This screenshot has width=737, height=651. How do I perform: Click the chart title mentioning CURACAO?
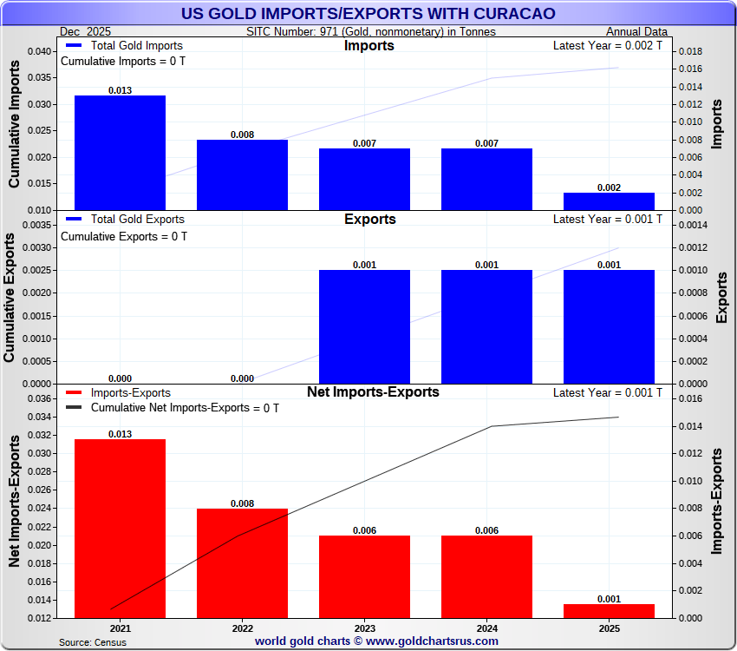368,14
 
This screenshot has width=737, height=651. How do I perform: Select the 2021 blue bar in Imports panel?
120,153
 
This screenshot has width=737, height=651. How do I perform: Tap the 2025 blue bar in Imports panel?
609,201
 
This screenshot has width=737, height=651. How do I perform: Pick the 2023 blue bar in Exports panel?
364,326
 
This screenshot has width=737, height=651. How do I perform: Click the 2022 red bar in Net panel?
242,563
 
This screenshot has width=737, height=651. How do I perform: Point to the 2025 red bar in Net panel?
609,611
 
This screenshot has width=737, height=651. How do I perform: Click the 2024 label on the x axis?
486,628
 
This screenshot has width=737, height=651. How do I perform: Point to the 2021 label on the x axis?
120,628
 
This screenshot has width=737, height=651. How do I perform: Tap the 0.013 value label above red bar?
120,433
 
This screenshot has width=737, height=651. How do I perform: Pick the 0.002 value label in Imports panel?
609,187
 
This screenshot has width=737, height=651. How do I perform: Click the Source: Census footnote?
92,642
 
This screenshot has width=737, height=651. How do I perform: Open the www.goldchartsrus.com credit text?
376,641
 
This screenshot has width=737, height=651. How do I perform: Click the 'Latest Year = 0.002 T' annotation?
607,45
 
